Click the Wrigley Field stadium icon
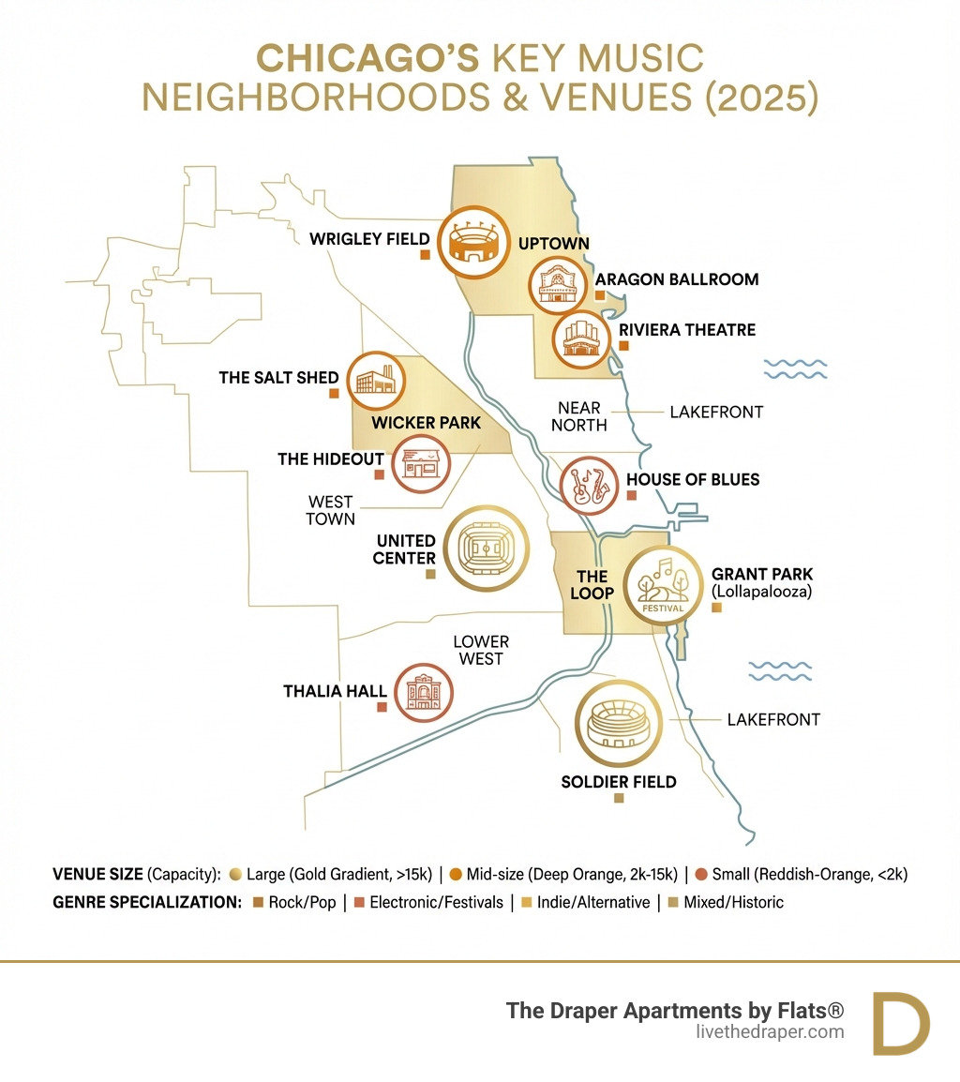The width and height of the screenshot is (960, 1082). click(473, 242)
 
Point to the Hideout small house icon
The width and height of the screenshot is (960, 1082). click(419, 463)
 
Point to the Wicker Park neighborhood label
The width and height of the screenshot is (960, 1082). click(426, 423)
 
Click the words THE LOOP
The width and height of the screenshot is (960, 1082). click(592, 584)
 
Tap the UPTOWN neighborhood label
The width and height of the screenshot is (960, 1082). click(554, 244)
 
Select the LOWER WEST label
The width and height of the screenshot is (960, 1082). click(481, 650)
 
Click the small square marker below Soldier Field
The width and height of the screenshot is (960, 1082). click(619, 798)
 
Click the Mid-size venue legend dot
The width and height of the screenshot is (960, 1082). click(456, 875)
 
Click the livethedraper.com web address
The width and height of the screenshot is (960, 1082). click(771, 1032)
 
